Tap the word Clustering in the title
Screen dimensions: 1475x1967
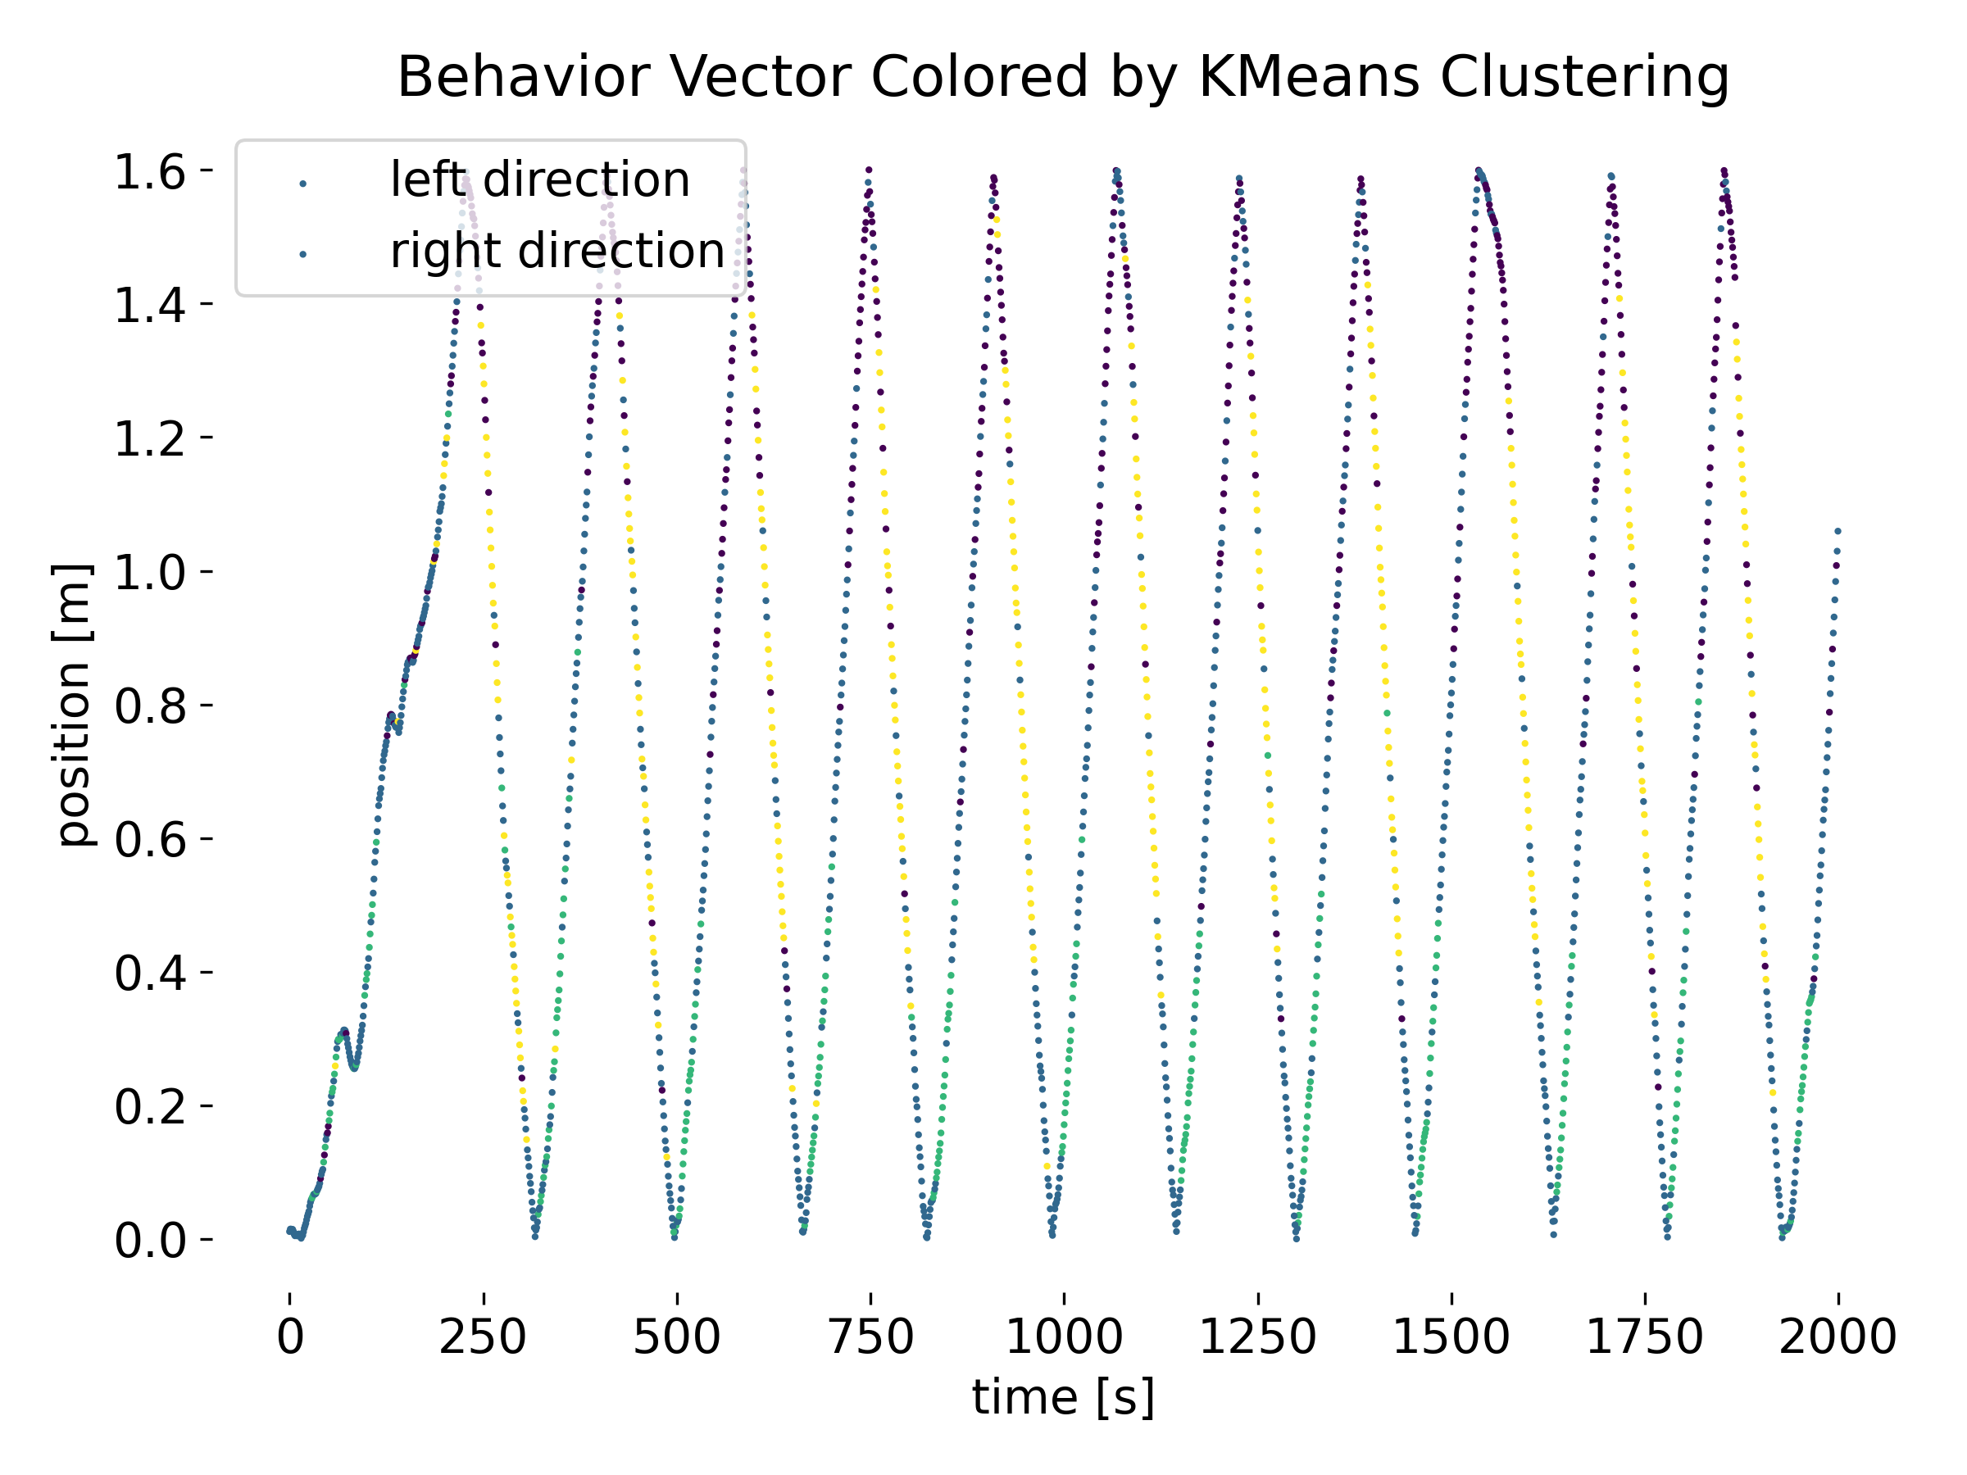pos(1584,77)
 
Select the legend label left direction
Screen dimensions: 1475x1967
pos(540,179)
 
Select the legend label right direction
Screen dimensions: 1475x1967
pos(557,251)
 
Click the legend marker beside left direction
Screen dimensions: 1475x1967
pos(303,184)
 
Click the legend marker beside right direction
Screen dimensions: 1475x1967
pos(303,255)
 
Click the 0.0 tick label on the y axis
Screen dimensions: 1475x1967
pos(149,1239)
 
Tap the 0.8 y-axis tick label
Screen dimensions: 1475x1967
pos(149,705)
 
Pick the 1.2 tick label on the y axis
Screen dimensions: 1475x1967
pos(149,438)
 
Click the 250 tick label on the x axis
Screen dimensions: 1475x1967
pos(483,1337)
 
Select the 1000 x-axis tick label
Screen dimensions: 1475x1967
pos(1065,1337)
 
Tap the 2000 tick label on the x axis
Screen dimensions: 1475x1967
pos(1838,1337)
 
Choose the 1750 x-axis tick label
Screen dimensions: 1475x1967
pos(1644,1337)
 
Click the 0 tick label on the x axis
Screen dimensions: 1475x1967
pos(290,1337)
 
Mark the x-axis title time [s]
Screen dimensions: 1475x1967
pos(1064,1397)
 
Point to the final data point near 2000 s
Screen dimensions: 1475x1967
pos(1838,531)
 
